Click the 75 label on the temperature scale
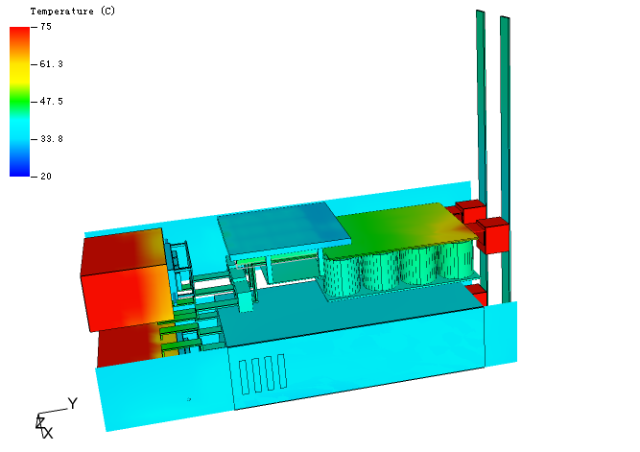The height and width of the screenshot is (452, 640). tap(46, 27)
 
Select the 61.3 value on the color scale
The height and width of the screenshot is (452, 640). tap(52, 64)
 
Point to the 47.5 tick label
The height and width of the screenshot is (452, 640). tap(52, 102)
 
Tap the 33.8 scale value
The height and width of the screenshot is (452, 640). tap(52, 139)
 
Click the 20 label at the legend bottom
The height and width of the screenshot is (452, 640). tap(46, 177)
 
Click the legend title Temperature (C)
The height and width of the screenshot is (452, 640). tap(73, 11)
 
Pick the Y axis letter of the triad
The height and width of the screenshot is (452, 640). tap(73, 403)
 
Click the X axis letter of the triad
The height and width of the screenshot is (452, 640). tap(48, 433)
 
